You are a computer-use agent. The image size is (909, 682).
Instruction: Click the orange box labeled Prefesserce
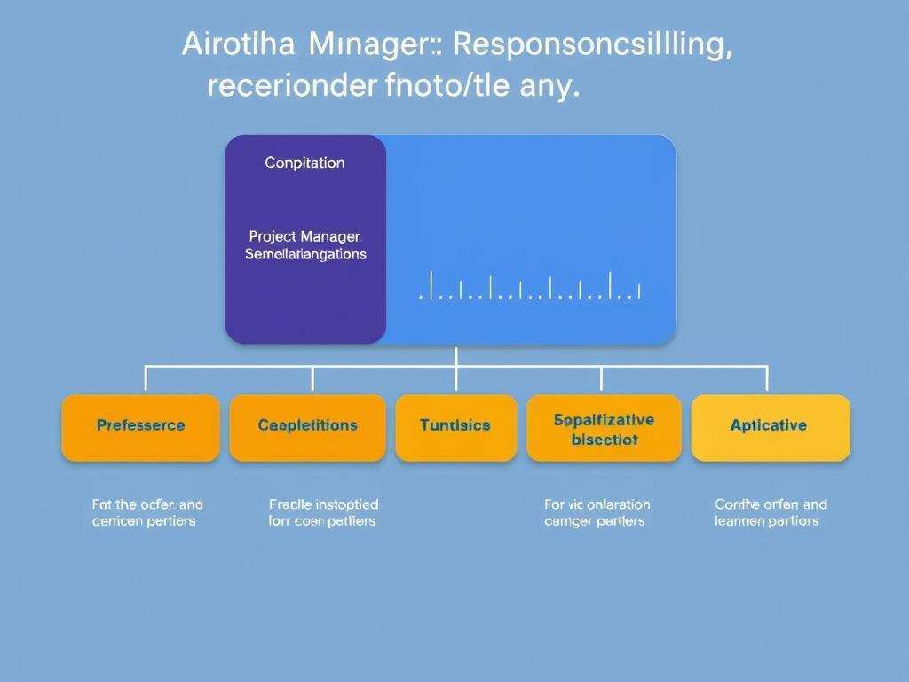tap(140, 427)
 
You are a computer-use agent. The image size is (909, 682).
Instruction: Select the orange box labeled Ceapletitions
tap(307, 427)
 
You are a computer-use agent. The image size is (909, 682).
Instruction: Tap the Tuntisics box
tap(455, 427)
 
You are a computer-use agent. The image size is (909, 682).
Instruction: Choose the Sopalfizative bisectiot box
tap(604, 428)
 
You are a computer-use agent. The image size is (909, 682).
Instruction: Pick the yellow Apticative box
tap(770, 427)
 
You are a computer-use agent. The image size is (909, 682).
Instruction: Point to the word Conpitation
tap(304, 163)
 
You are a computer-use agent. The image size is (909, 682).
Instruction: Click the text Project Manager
tap(304, 237)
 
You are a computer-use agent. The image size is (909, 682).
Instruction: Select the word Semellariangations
tap(304, 255)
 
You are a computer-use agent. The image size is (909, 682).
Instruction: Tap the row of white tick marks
tap(529, 288)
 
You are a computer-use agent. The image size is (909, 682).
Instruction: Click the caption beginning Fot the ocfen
tap(146, 512)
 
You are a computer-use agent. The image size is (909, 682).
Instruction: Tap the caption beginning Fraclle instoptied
tap(322, 512)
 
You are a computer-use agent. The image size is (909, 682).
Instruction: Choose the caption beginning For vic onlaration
tap(597, 512)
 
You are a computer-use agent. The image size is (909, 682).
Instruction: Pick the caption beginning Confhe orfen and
tap(770, 512)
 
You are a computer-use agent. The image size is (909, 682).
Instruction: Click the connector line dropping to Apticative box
tap(767, 379)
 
